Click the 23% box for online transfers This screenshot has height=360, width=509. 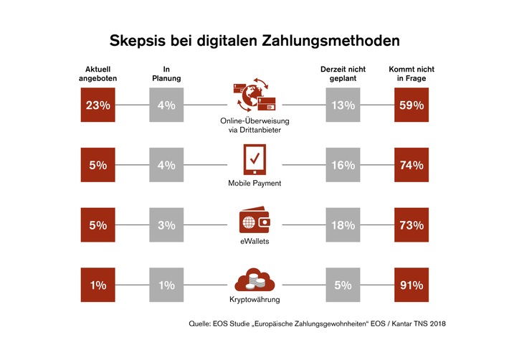(x=98, y=105)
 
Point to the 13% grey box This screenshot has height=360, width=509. (x=343, y=105)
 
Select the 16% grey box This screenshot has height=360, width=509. (x=343, y=165)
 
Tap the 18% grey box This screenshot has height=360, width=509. (x=343, y=225)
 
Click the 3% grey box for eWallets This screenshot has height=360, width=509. (x=166, y=225)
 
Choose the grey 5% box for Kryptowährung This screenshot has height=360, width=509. (x=343, y=285)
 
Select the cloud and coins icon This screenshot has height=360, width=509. (x=255, y=280)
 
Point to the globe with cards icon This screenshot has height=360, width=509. (x=254, y=98)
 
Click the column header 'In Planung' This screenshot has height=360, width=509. (x=166, y=74)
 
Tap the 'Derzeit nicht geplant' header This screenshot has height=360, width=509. (x=343, y=74)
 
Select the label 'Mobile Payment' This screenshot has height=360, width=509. (x=255, y=184)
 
